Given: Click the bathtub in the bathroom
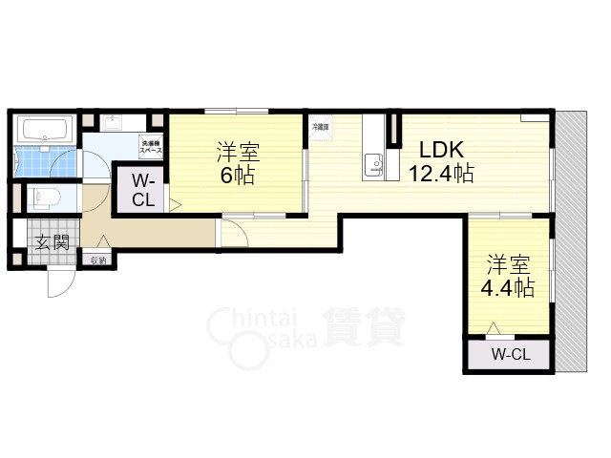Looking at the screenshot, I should [44, 129].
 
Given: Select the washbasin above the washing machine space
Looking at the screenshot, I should [116, 123].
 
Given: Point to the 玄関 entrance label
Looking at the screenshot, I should [51, 241].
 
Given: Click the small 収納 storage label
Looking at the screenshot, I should [98, 260].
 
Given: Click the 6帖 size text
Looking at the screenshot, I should [238, 177].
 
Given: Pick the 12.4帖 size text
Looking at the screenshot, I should [441, 174].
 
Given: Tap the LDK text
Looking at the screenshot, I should [442, 149].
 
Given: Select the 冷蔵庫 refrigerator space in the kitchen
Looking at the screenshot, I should [319, 126].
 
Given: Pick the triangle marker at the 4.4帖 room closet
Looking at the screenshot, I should [494, 328].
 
